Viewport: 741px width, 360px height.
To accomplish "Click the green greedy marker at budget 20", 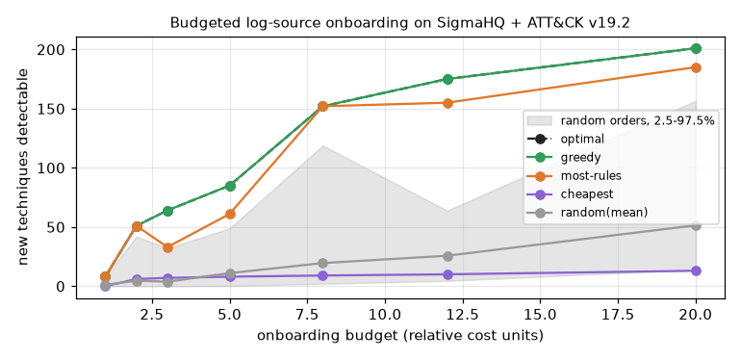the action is click(x=696, y=49).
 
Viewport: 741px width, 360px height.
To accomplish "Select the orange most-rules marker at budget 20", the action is click(x=696, y=67).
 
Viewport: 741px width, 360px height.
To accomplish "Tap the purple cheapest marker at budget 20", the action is click(x=696, y=270).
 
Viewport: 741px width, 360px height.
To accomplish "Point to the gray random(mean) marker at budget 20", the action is click(x=696, y=226).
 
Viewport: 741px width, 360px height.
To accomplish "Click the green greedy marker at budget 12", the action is click(x=448, y=79).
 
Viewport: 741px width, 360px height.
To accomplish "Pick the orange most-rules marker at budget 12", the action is click(x=448, y=103).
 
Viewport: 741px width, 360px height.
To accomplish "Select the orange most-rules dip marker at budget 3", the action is click(x=167, y=247).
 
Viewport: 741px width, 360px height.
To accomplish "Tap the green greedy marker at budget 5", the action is click(x=230, y=186).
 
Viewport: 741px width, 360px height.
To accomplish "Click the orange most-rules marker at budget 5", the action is click(x=230, y=214).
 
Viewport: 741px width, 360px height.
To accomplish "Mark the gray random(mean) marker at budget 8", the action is click(x=322, y=263).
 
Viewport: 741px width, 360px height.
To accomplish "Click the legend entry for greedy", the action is click(x=563, y=157).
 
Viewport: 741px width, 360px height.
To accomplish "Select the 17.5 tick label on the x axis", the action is click(x=618, y=315).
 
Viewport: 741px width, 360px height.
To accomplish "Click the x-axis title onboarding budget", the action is click(x=399, y=336).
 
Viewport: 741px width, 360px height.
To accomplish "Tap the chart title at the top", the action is click(x=399, y=23).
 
